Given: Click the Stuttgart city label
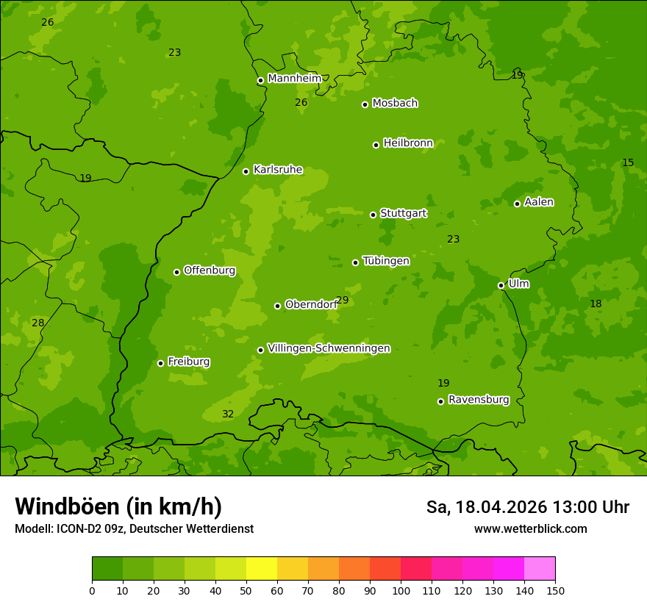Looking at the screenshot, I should (x=403, y=214).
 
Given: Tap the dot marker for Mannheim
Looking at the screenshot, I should (x=260, y=81).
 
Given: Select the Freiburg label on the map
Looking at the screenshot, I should (x=188, y=362).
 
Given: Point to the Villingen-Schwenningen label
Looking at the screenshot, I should (x=329, y=348).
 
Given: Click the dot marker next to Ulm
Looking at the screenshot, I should (x=501, y=285).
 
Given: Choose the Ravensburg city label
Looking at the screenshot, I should (x=479, y=400).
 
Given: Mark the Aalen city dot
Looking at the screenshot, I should (x=517, y=204).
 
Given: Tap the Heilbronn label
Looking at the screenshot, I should (x=408, y=143).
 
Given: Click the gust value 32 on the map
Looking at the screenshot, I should (x=228, y=415).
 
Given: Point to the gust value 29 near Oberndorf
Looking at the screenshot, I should (x=343, y=301).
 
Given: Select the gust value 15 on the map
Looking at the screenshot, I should (x=628, y=162).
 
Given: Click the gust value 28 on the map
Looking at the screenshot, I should (x=37, y=323).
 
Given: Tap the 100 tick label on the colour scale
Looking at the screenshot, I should (x=401, y=590).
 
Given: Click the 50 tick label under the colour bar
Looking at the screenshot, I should (x=246, y=590).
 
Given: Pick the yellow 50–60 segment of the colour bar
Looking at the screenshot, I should (x=262, y=569).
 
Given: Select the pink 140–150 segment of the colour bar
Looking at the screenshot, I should (x=540, y=569).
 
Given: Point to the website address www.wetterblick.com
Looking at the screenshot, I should (x=530, y=528).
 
